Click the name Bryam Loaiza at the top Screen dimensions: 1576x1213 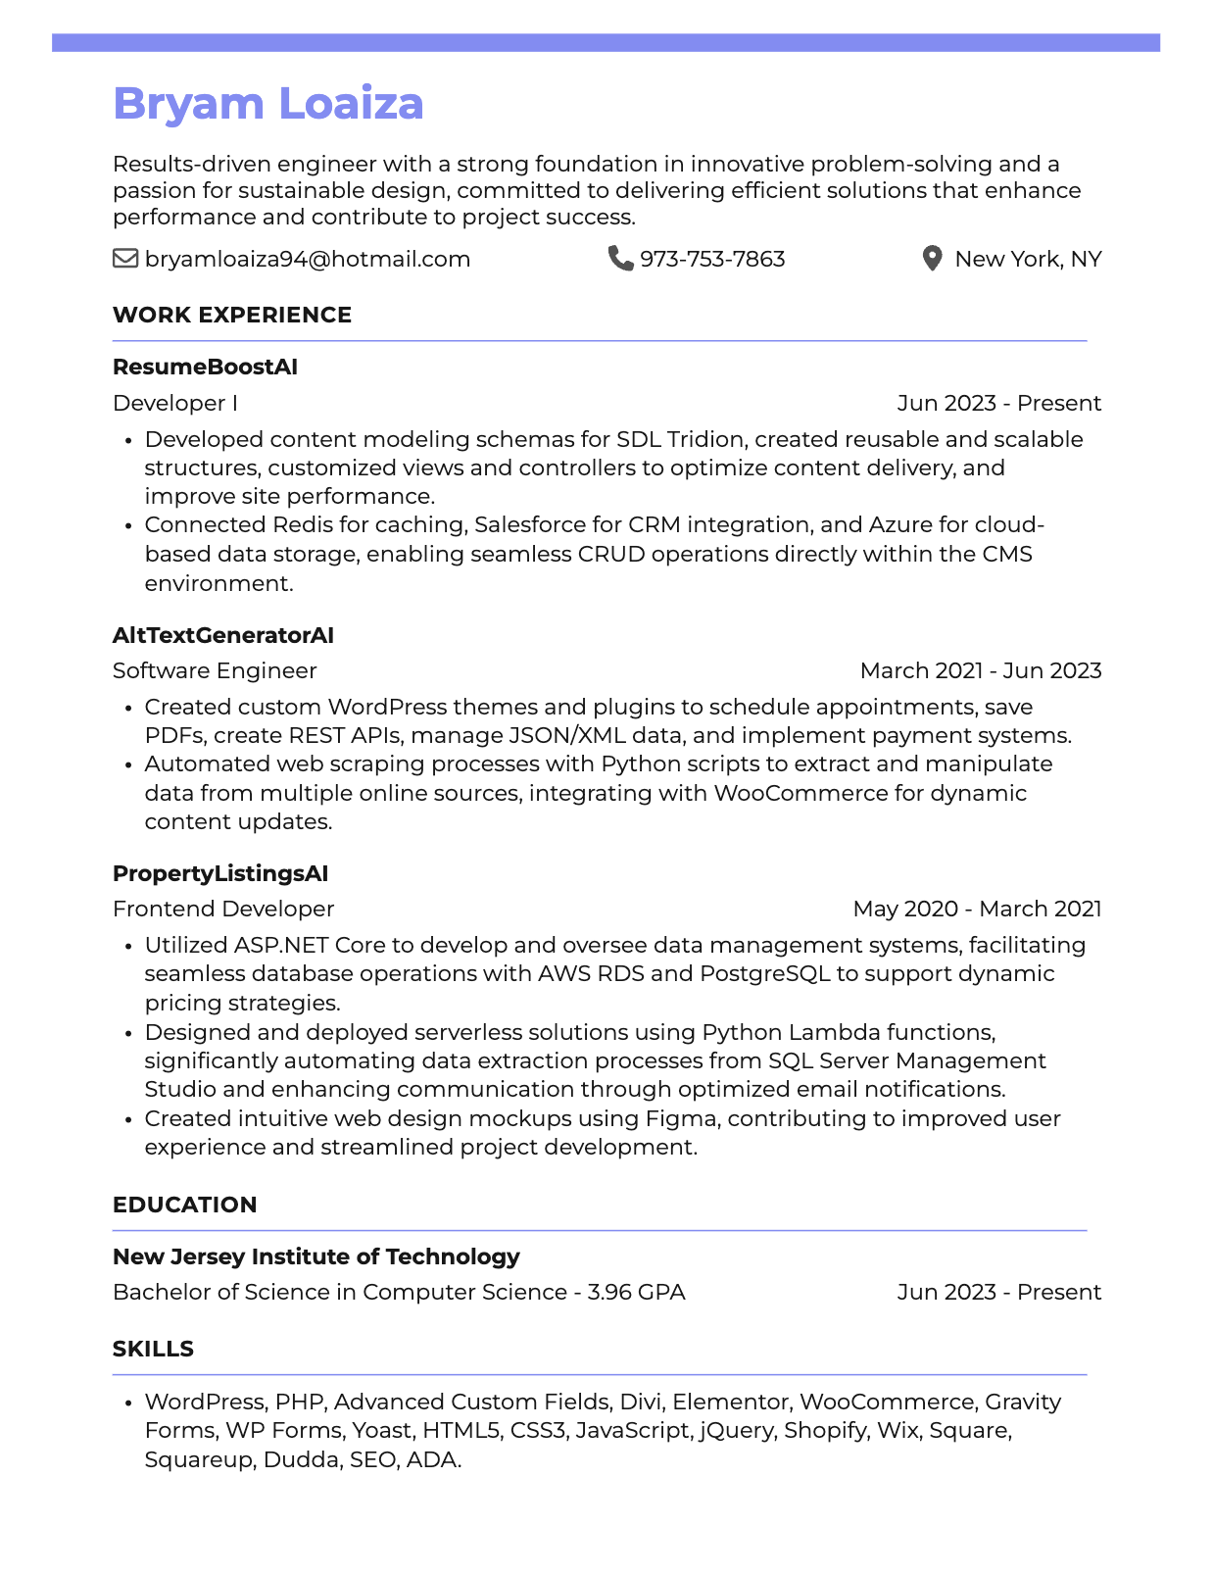[x=267, y=104]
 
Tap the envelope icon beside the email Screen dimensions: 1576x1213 [x=125, y=259]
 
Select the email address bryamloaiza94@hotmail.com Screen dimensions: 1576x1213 [x=307, y=259]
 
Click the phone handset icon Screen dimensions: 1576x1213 [x=620, y=258]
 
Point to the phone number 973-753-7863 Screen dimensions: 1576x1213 [x=712, y=259]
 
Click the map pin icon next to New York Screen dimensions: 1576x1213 [x=932, y=259]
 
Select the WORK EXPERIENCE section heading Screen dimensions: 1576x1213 [x=231, y=315]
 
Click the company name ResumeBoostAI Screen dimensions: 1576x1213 [x=205, y=367]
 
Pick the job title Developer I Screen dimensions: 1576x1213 [x=174, y=403]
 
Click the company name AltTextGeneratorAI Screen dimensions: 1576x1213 [x=222, y=635]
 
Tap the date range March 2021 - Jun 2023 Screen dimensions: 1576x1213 [x=980, y=670]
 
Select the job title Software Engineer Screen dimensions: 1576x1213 [x=215, y=670]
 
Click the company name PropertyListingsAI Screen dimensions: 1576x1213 [x=220, y=873]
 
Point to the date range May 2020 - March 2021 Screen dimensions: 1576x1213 [x=977, y=909]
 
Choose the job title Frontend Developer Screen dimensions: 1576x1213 [x=223, y=909]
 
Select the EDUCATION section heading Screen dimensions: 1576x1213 [x=184, y=1205]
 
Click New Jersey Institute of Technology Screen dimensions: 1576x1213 [x=315, y=1256]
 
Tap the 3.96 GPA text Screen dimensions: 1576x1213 [x=636, y=1292]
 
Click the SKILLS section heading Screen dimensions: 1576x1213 [x=153, y=1349]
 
